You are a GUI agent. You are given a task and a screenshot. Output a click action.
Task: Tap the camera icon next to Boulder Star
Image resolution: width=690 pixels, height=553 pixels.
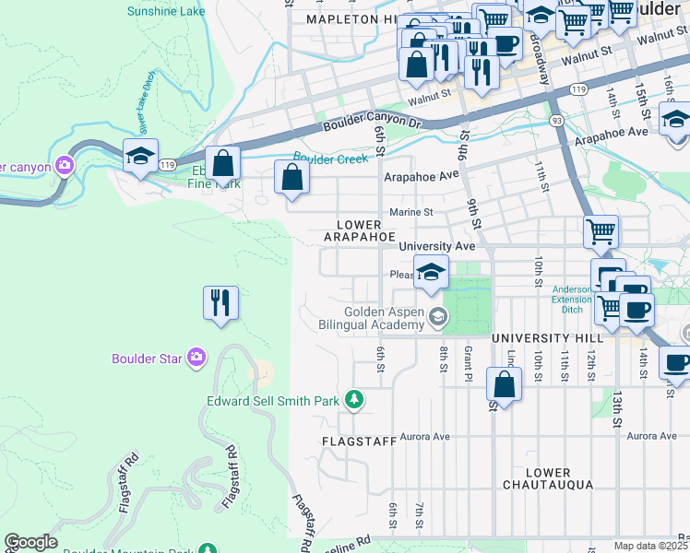(x=196, y=358)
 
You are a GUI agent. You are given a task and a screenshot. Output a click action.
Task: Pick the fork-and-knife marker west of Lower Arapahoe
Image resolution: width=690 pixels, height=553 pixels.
(x=220, y=302)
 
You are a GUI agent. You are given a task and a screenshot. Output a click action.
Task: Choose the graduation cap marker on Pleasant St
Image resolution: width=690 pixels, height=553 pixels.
(x=430, y=272)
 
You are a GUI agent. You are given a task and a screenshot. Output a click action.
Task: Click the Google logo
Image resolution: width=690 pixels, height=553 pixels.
(x=30, y=542)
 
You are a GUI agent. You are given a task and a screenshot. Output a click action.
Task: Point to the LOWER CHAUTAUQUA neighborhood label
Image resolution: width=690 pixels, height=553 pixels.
(x=550, y=478)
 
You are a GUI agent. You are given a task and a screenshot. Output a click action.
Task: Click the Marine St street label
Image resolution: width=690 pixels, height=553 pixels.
(x=410, y=212)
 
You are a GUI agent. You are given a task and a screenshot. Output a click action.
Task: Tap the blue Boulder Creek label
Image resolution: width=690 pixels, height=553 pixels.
(x=330, y=158)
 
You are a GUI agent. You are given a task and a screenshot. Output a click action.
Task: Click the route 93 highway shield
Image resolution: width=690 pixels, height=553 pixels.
(x=556, y=121)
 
